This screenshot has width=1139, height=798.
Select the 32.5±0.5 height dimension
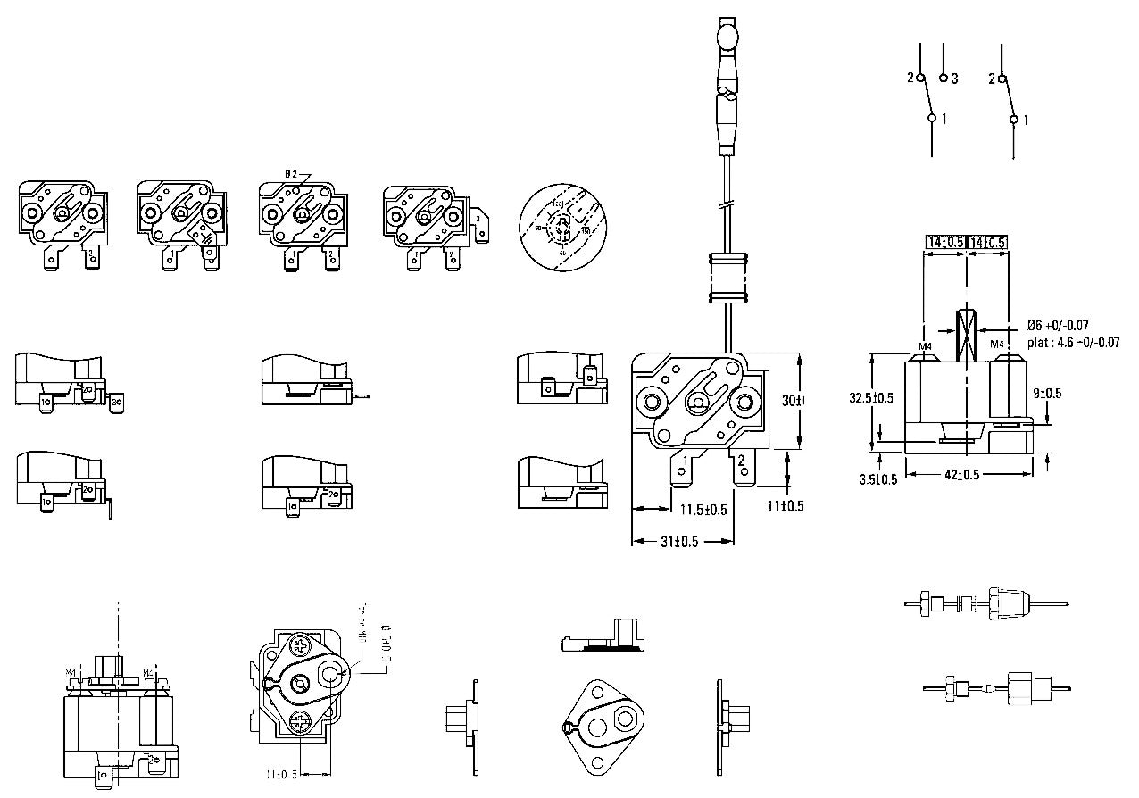pos(872,398)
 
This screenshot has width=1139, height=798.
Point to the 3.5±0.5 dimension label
pos(878,479)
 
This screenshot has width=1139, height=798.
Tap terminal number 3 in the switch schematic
pos(953,79)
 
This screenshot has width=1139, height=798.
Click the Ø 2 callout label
pos(291,173)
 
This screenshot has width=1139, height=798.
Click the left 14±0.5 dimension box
pos(944,243)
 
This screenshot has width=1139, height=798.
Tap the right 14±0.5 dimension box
pos(988,243)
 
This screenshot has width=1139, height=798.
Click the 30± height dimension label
pos(794,402)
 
